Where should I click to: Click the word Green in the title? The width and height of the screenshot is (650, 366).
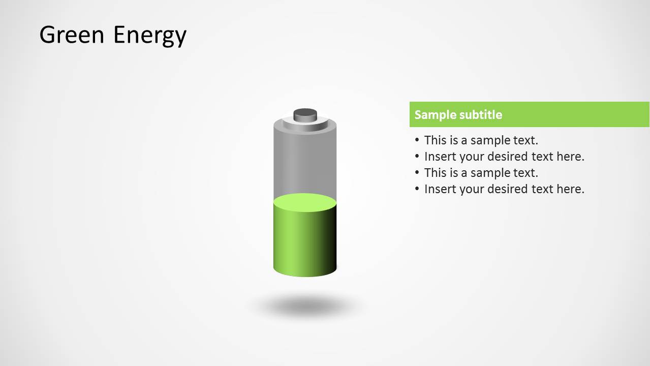click(x=72, y=35)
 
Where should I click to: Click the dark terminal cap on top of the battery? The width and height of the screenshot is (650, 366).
click(x=305, y=114)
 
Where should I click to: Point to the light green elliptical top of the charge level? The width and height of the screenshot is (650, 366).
click(x=305, y=202)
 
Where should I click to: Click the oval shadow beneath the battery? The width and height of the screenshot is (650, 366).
click(x=305, y=307)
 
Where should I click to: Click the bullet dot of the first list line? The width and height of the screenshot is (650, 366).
click(x=417, y=140)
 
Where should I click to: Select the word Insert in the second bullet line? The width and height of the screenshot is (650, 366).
click(x=440, y=157)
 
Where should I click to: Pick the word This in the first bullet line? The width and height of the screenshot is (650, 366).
click(x=436, y=140)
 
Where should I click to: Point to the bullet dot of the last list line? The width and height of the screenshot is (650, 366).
click(x=417, y=189)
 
